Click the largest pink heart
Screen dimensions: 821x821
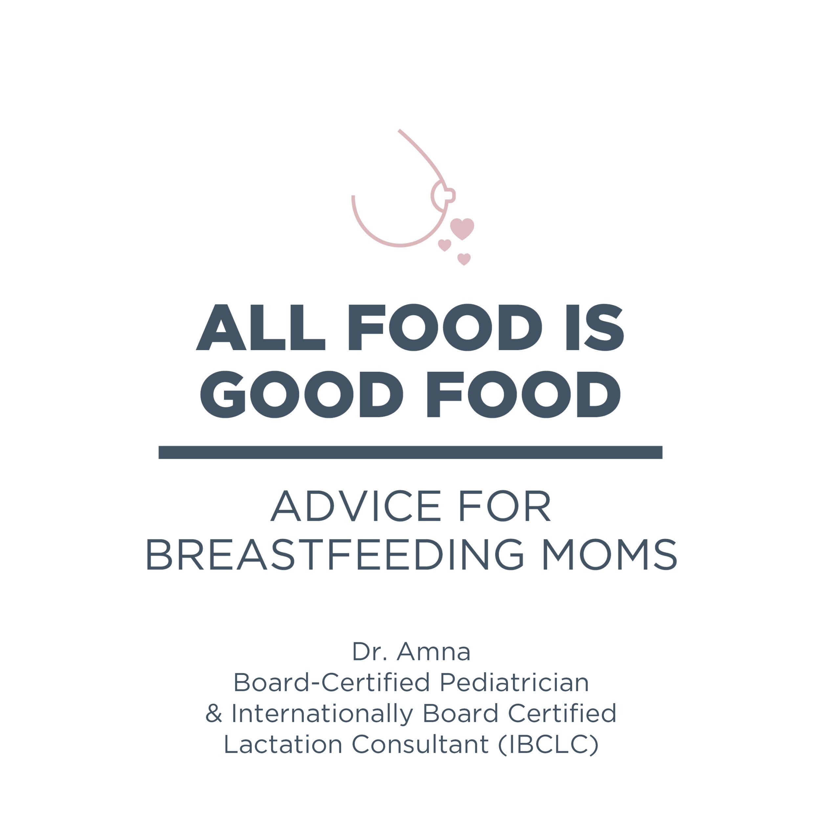point(462,229)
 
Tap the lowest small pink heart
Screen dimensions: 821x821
point(464,259)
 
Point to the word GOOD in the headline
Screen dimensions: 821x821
point(302,394)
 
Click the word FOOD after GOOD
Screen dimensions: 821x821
point(523,394)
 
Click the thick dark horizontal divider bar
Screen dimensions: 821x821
point(411,452)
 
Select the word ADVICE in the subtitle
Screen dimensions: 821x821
point(355,506)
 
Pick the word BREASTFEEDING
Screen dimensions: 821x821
point(335,555)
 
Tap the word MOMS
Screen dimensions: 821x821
point(610,555)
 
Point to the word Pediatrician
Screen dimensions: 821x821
point(514,682)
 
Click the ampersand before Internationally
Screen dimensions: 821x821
point(214,714)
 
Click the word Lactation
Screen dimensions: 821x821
point(283,744)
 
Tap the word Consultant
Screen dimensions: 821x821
point(420,744)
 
